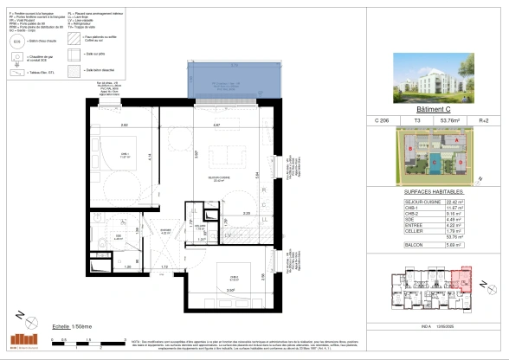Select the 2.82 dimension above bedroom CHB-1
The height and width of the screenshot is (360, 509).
(x=125, y=126)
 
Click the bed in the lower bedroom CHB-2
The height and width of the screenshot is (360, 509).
(x=234, y=280)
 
